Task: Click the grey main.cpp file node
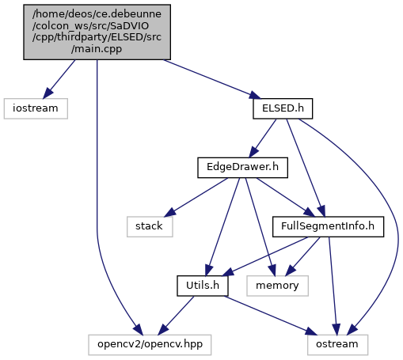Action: tap(97, 32)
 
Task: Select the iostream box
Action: tap(36, 108)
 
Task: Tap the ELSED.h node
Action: tap(283, 108)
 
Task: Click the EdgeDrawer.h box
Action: tap(242, 168)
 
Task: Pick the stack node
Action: tap(150, 227)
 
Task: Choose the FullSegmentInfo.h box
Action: tap(328, 227)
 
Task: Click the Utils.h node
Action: tap(203, 286)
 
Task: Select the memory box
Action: tap(277, 286)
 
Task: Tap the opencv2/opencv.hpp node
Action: tap(150, 345)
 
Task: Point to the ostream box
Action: tap(337, 345)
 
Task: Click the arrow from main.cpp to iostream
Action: tap(59, 79)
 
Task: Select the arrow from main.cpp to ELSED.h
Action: tap(212, 79)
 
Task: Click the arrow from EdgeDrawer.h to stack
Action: tap(196, 198)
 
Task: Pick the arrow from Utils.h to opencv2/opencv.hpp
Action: tap(176, 316)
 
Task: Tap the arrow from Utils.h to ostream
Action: tap(271, 316)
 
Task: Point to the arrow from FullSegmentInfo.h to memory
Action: tap(303, 256)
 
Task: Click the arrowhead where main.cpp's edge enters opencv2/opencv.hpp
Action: tap(138, 330)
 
